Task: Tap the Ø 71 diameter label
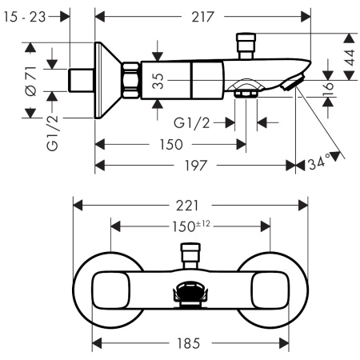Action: (30, 80)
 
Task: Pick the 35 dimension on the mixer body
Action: (158, 81)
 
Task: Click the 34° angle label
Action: (318, 164)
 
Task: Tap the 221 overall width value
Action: (190, 205)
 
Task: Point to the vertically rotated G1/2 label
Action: (53, 134)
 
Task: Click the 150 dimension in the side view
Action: (170, 144)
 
